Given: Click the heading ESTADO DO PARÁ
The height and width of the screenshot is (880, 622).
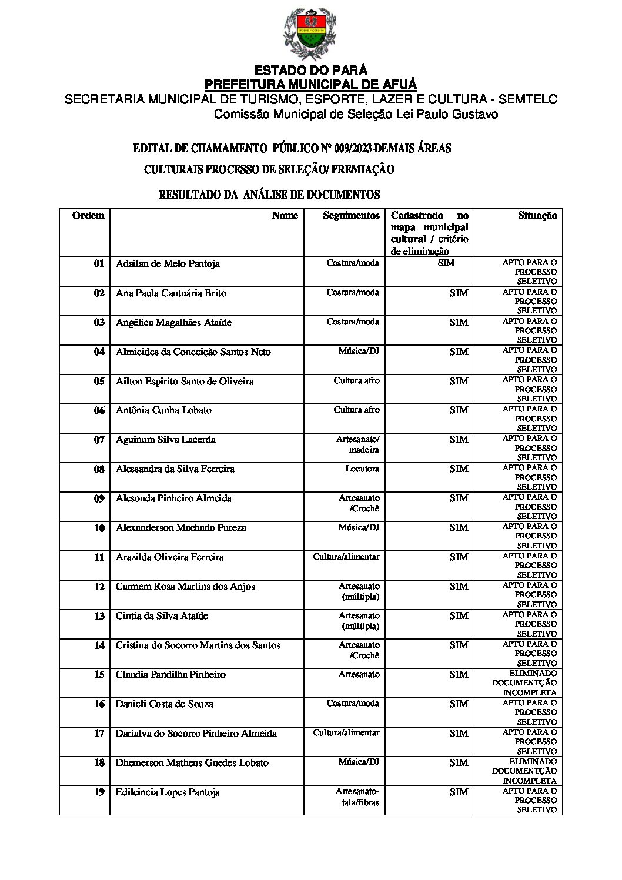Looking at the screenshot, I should coord(310,71).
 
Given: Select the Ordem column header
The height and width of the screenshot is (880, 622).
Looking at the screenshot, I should coord(88,216).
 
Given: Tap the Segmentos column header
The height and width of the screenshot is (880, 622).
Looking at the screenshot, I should coord(351,216).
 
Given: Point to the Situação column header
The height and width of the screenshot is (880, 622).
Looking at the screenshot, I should coord(537,216).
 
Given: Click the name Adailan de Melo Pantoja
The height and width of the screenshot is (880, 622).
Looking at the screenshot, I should coord(168,264).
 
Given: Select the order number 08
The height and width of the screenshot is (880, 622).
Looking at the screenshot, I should coord(99,469).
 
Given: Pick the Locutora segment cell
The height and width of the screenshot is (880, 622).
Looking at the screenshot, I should coord(362,469).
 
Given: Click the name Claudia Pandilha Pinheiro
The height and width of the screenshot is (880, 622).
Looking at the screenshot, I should coord(170,675).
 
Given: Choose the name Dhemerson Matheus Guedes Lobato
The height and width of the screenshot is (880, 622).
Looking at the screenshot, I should coord(192,763).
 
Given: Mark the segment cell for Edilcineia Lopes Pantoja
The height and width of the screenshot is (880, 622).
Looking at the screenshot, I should coord(357,797).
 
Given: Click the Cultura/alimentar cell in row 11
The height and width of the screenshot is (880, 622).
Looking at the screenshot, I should coord(346,557).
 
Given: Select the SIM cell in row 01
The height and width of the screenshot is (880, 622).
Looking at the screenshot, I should coord(446,263).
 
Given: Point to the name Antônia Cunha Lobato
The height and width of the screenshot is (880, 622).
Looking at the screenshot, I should coord(163,410).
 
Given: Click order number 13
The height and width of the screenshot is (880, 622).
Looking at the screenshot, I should coord(99,616).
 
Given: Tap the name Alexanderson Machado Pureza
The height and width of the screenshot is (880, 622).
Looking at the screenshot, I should coord(180,528).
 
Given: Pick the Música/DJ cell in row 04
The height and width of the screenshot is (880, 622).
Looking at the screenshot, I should coord(359,352).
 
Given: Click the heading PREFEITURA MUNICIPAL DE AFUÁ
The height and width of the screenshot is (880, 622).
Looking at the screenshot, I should coord(310,84).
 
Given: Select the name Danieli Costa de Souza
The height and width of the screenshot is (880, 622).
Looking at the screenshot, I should coord(164,704).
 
